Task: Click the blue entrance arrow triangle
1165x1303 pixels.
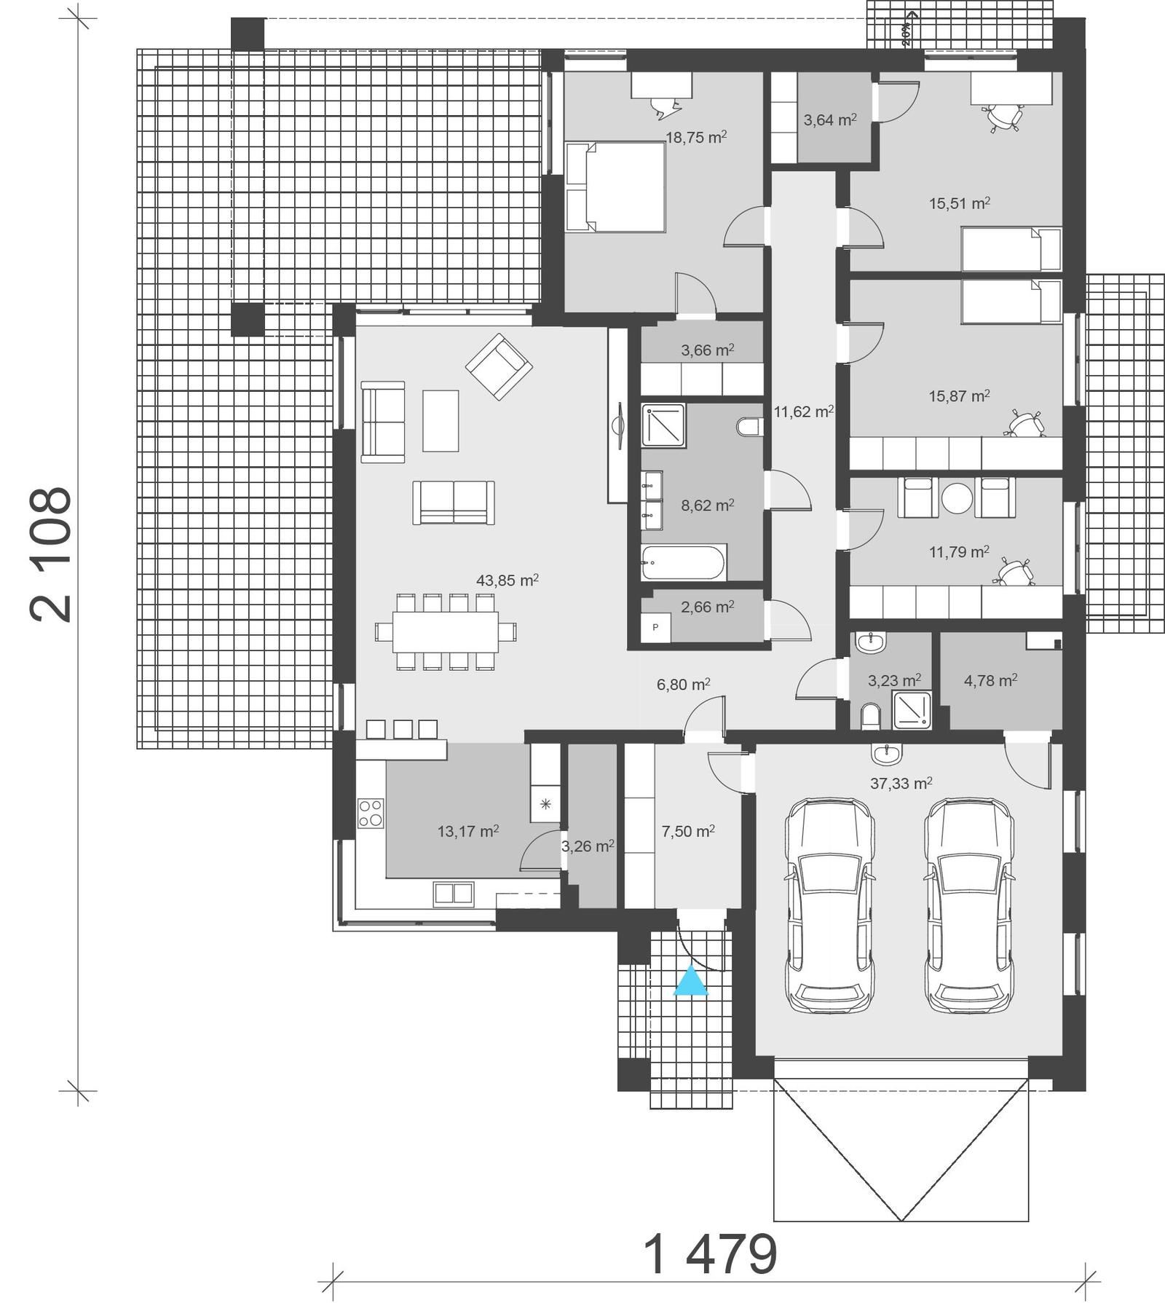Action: [690, 981]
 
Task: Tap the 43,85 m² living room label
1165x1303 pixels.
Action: [507, 580]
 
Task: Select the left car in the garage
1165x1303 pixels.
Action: [829, 905]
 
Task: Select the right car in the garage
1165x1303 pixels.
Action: [969, 905]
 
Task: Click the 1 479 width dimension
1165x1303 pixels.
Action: [711, 1254]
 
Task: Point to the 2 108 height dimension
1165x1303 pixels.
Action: [51, 554]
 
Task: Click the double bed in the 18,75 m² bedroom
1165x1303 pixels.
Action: [616, 187]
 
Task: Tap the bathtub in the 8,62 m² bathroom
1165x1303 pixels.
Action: [683, 563]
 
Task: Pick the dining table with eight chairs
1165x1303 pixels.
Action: [446, 631]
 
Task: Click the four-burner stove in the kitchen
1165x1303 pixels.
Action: [371, 813]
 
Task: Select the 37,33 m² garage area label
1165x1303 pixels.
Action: [901, 784]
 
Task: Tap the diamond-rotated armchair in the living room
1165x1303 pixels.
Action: [499, 366]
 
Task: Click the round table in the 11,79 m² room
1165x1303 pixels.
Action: [957, 498]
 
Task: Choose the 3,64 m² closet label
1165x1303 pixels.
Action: [829, 119]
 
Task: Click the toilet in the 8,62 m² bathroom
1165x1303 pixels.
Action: [749, 427]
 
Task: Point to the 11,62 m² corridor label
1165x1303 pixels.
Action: [803, 412]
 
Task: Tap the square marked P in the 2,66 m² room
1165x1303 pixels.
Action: [655, 627]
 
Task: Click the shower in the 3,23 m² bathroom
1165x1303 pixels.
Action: [912, 710]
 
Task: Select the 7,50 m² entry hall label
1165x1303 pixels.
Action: [687, 831]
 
